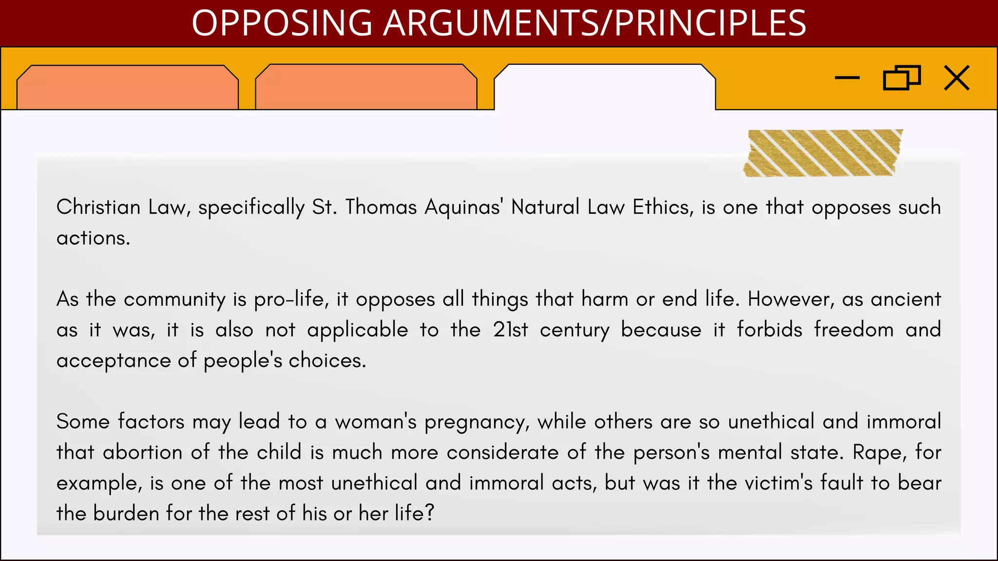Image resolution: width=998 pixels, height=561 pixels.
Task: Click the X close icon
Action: tap(957, 78)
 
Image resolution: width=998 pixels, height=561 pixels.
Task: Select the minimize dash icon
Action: tap(847, 77)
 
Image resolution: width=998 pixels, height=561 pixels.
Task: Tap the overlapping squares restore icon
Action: tap(902, 78)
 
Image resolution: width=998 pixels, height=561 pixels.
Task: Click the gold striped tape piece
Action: tap(823, 153)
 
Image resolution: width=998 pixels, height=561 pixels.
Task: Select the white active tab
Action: tap(605, 88)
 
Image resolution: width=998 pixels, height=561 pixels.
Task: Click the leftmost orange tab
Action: tap(127, 88)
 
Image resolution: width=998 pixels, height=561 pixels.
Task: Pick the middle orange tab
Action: tap(366, 88)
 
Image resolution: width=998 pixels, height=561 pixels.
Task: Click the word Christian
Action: tap(98, 207)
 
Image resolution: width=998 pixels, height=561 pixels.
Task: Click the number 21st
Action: tap(510, 330)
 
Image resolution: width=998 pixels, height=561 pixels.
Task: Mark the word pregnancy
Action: tap(477, 422)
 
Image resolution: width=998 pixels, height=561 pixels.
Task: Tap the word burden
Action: tap(126, 514)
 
